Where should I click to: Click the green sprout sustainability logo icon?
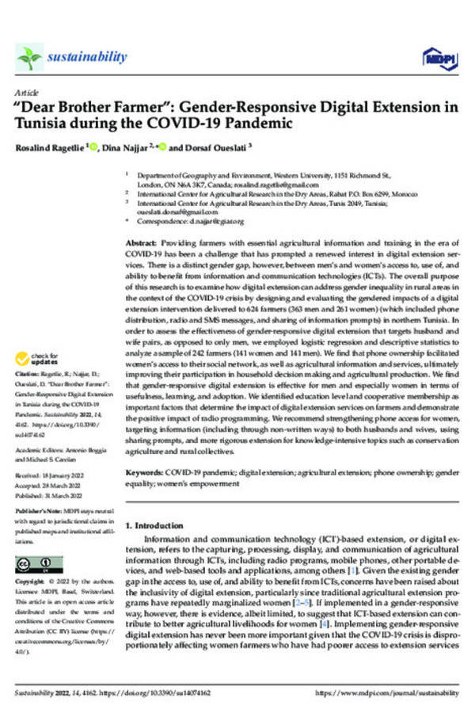(x=30, y=56)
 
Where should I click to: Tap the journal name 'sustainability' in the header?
(x=87, y=56)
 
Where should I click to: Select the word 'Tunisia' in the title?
(x=43, y=124)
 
